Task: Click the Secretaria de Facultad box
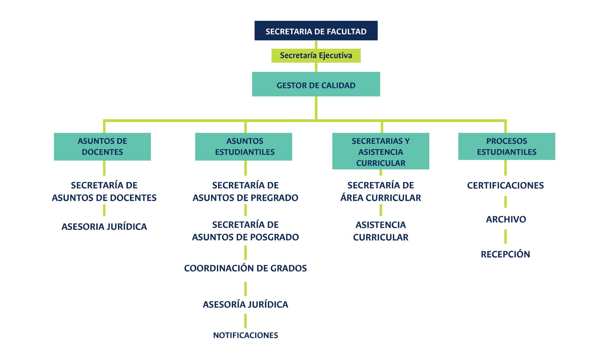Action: (x=316, y=31)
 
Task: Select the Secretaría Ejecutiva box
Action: (x=316, y=56)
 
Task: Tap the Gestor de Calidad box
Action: (x=316, y=84)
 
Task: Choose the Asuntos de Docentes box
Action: (x=102, y=147)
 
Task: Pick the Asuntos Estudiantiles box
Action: (x=243, y=147)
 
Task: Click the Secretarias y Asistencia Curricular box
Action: (x=381, y=151)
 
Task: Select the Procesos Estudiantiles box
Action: (x=506, y=146)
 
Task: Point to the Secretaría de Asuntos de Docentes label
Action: (x=104, y=192)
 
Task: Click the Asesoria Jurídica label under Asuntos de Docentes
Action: (x=104, y=227)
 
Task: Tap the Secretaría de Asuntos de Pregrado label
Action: (x=245, y=192)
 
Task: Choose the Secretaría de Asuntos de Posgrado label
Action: (x=245, y=231)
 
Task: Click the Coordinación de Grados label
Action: (x=245, y=268)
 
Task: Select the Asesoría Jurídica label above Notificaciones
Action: (x=245, y=304)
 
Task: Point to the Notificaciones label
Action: (x=245, y=335)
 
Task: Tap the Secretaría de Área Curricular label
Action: (x=381, y=192)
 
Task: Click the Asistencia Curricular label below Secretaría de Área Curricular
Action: (x=381, y=231)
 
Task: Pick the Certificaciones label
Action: (x=505, y=186)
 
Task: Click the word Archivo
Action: (x=506, y=219)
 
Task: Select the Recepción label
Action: (x=505, y=254)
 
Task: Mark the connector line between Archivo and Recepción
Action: (x=506, y=237)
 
